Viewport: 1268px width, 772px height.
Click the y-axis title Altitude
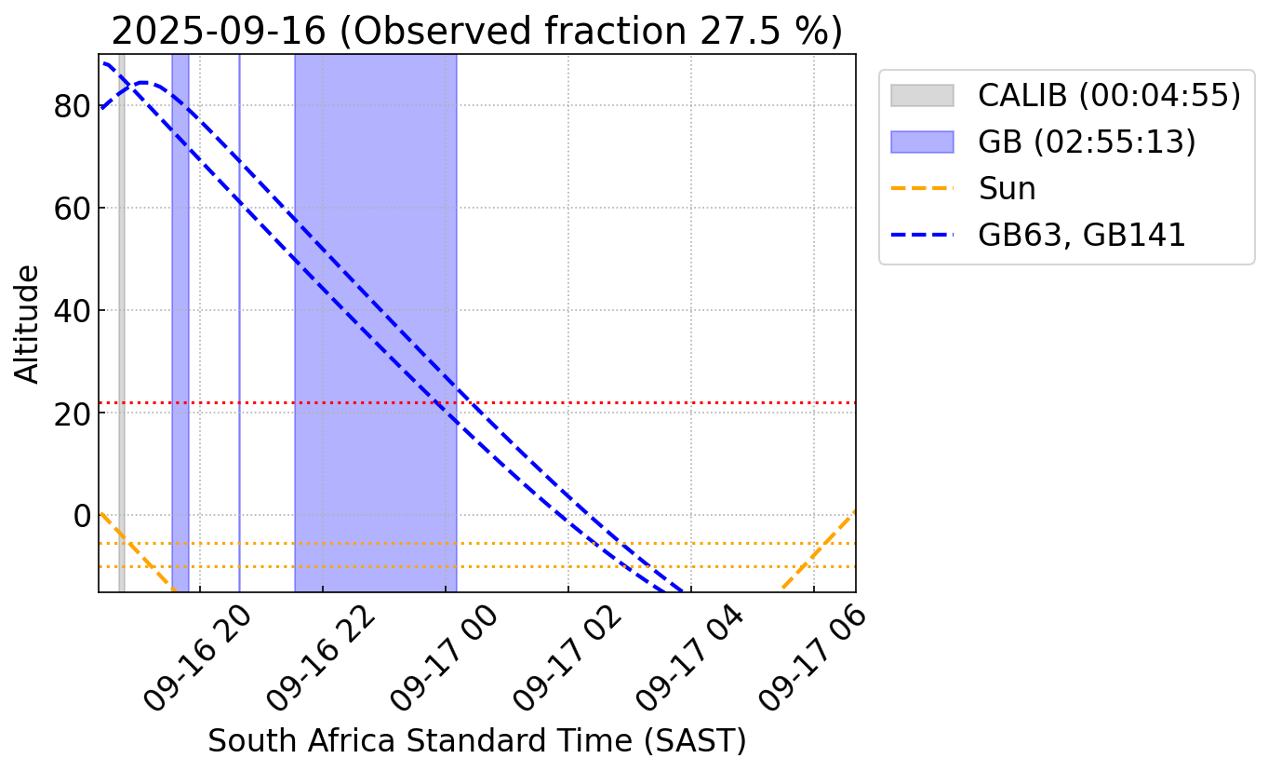(28, 323)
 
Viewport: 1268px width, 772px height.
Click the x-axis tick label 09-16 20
(197, 658)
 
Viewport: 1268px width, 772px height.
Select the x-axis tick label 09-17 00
(443, 658)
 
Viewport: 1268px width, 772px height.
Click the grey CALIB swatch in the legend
(922, 95)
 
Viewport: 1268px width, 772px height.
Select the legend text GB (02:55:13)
(1087, 142)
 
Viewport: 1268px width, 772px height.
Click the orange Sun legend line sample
(922, 189)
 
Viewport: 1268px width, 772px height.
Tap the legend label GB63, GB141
(1082, 236)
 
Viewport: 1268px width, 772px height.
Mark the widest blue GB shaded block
(376, 279)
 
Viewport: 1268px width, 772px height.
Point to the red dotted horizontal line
(651, 402)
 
